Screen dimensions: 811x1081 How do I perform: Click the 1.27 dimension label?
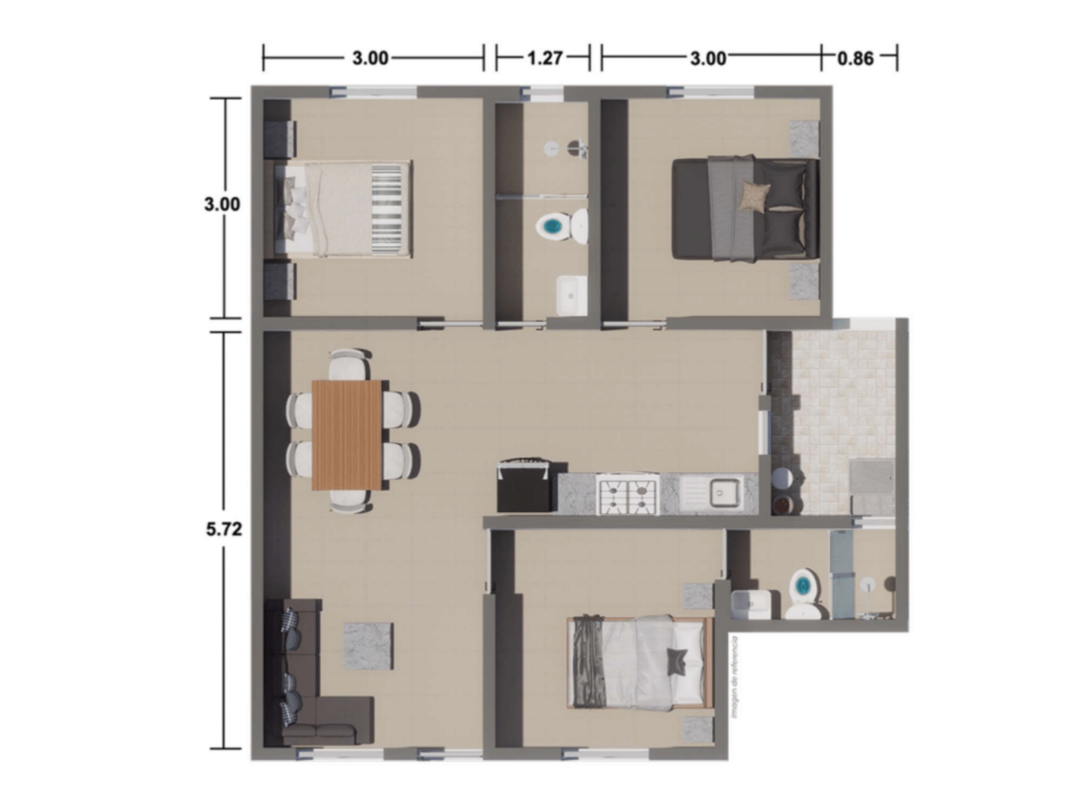[x=544, y=58]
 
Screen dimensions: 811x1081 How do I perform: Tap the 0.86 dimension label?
[x=855, y=58]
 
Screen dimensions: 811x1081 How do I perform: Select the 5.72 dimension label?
[x=224, y=529]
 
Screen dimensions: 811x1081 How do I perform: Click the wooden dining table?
[x=347, y=434]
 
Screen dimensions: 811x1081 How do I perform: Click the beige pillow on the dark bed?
[x=753, y=197]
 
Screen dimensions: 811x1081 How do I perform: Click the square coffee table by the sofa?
[x=368, y=646]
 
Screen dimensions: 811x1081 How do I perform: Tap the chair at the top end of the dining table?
[x=349, y=365]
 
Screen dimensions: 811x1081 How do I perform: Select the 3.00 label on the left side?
[x=222, y=203]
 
